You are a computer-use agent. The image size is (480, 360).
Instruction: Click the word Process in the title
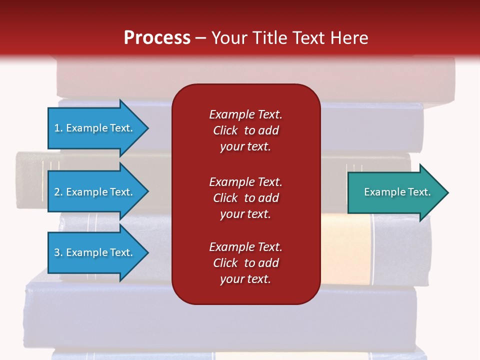pos(157,37)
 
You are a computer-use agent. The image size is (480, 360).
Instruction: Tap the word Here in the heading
pos(349,37)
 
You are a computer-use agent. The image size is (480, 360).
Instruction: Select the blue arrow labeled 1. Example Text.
pos(94,128)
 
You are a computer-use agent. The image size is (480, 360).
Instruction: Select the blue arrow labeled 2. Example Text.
pos(94,192)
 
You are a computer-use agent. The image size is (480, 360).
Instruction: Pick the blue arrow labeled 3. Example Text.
pos(94,252)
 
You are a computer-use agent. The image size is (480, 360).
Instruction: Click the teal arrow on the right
pos(395,192)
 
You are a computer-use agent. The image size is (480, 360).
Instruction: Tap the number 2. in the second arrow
pos(58,192)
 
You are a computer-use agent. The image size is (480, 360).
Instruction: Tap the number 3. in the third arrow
pos(58,252)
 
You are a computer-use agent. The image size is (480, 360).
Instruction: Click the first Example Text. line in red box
pos(245,114)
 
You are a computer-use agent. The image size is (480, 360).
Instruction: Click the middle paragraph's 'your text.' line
pos(245,214)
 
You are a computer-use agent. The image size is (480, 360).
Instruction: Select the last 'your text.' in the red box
pos(245,279)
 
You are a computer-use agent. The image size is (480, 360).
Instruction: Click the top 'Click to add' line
pos(245,130)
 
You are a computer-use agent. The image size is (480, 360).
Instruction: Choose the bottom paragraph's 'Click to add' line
pos(245,263)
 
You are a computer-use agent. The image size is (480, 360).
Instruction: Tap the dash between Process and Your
pos(200,38)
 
